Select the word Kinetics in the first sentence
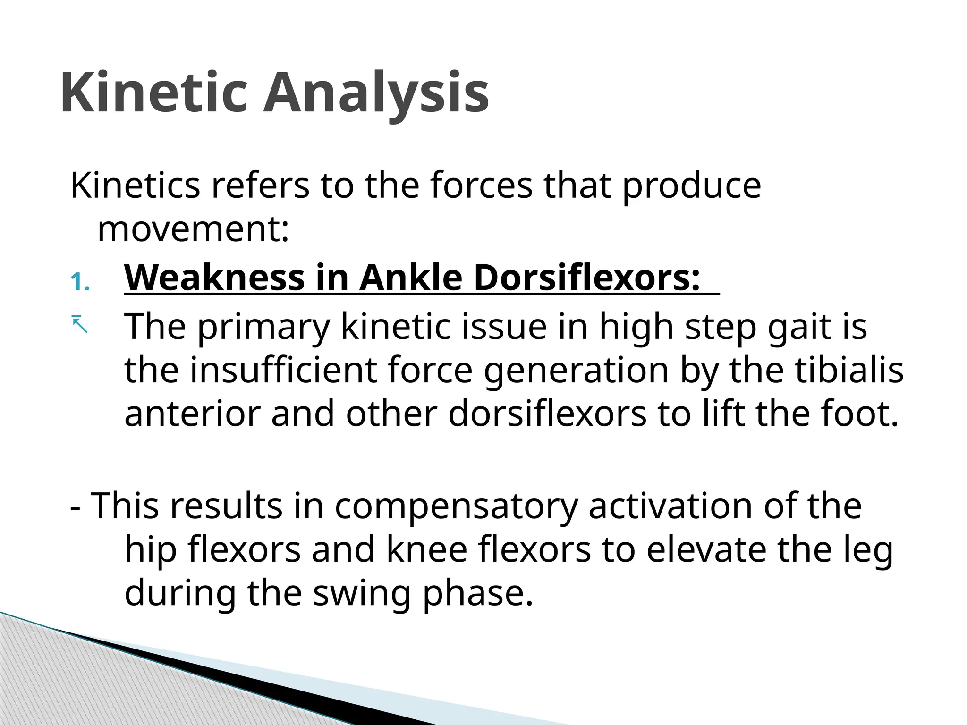135,185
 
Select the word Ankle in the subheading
410,278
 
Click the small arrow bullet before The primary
80,324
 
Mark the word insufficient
283,370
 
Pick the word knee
426,550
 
